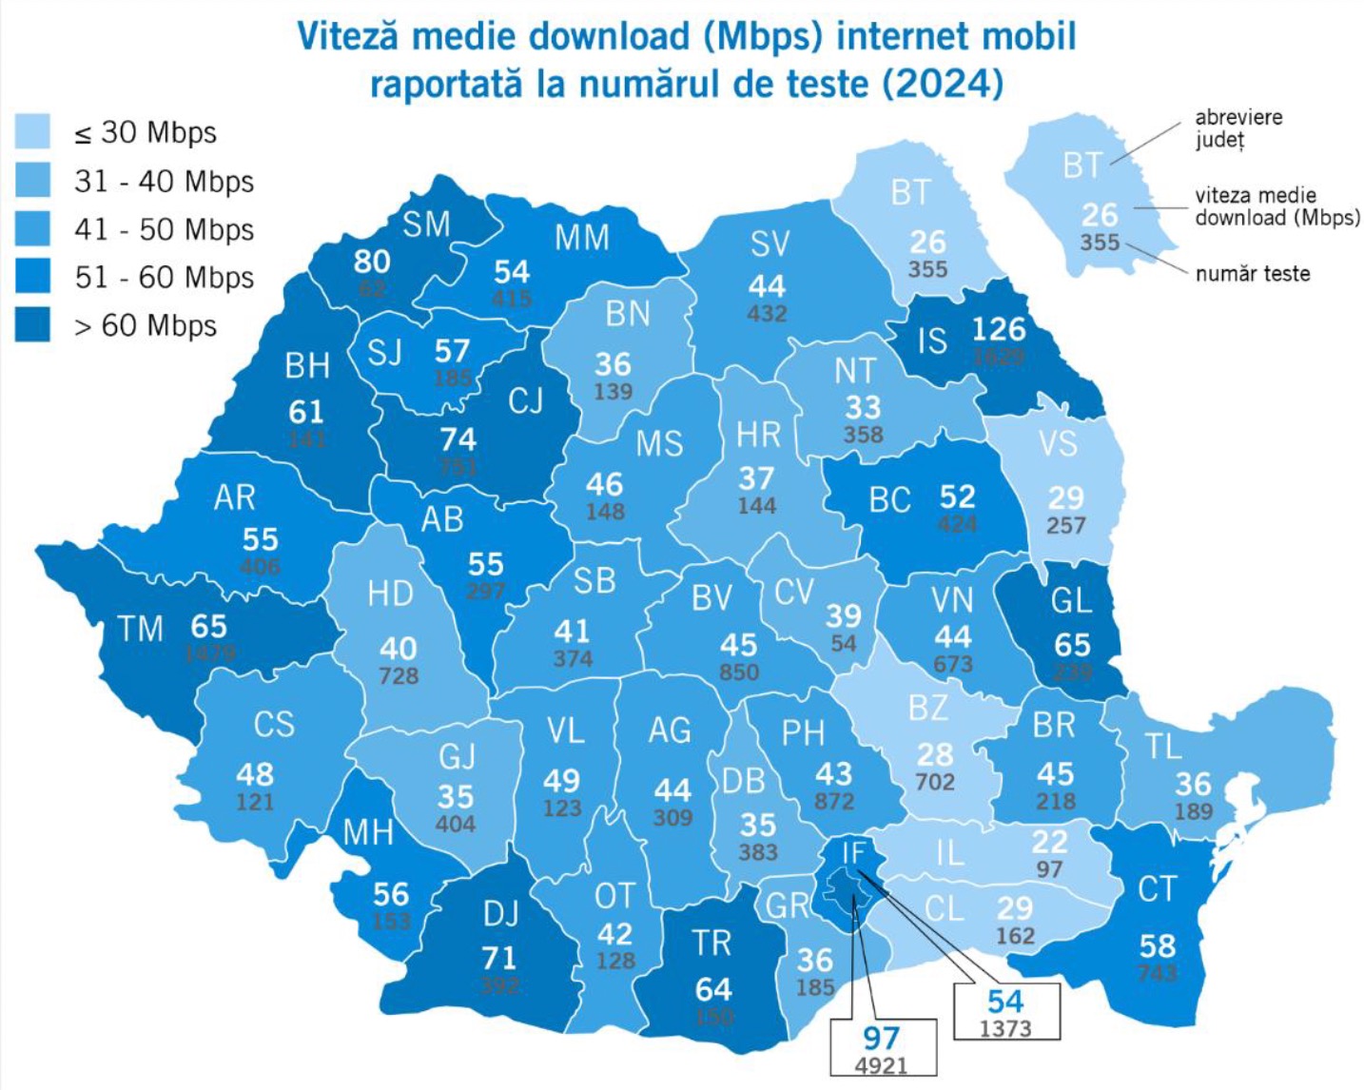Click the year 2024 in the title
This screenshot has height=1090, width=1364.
[x=942, y=84]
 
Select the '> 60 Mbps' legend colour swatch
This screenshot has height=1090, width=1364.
[x=32, y=324]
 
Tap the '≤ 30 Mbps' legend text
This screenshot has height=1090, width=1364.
[x=146, y=133]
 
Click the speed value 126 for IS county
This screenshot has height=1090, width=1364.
[x=998, y=329]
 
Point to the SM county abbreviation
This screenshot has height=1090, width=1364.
[x=425, y=224]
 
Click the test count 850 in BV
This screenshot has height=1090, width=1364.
[x=738, y=672]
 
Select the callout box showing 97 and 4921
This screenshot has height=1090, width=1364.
[x=882, y=1048]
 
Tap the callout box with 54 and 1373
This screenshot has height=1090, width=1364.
[x=1005, y=1011]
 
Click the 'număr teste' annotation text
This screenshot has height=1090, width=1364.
[x=1252, y=274]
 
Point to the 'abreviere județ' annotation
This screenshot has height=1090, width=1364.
[x=1237, y=128]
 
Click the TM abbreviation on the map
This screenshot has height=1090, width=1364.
[x=141, y=629]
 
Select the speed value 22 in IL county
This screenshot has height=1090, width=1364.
[x=1049, y=842]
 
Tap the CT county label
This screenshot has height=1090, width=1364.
[x=1157, y=889]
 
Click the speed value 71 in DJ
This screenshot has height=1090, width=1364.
[x=498, y=957]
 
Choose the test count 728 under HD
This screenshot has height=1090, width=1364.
[x=398, y=676]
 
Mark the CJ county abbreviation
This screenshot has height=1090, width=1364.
[x=525, y=400]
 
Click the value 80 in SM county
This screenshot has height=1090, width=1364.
[x=372, y=261]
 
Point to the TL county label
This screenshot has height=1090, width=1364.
[x=1163, y=747]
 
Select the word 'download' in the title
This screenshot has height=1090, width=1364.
[x=609, y=36]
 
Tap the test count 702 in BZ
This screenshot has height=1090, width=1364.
[x=934, y=782]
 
